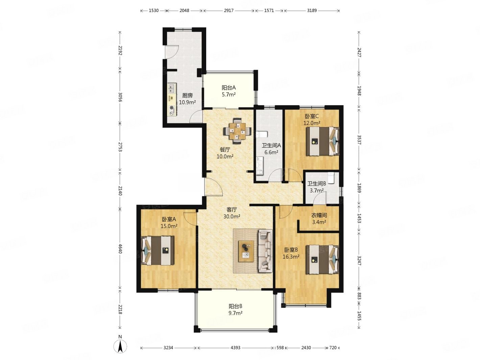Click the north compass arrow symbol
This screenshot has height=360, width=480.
(120, 346)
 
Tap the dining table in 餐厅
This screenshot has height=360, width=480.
(237, 131)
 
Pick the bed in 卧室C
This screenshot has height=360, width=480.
(322, 141)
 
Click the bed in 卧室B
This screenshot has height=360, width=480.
(322, 259)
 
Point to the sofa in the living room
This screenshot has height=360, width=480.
(265, 250)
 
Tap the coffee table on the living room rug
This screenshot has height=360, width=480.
(246, 251)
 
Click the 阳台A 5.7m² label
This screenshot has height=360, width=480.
(229, 91)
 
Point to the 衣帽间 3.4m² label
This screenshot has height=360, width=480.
(319, 219)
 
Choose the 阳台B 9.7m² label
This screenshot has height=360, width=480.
(235, 310)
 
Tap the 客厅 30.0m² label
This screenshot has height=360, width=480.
(232, 213)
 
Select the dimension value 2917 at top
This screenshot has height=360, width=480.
(229, 10)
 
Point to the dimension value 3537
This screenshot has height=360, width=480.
(359, 140)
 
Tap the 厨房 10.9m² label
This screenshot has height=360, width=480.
(187, 99)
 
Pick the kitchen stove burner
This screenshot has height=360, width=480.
(172, 107)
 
